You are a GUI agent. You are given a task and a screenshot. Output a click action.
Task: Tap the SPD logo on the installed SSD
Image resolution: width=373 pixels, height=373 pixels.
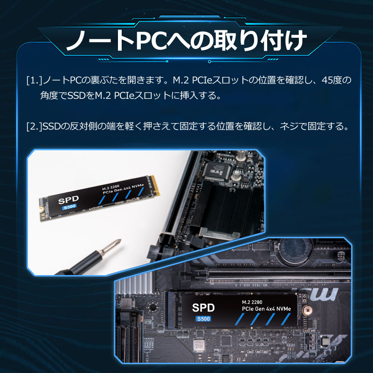(204, 308)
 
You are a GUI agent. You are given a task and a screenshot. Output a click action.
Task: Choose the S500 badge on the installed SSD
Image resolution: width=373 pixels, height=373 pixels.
(203, 319)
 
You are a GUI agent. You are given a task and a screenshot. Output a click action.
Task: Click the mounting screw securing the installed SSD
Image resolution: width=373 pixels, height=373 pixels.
(306, 310)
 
